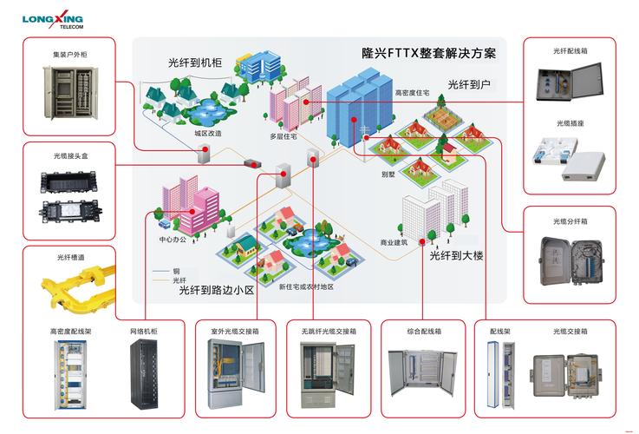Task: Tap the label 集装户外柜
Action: click(x=69, y=55)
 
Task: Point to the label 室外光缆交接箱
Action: click(x=236, y=331)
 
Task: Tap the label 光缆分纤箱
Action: click(x=571, y=220)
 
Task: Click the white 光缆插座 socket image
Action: click(x=570, y=155)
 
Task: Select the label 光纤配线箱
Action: click(x=571, y=50)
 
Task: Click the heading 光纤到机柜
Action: click(x=195, y=62)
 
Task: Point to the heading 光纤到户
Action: click(x=469, y=84)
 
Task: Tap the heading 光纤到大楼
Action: click(x=456, y=255)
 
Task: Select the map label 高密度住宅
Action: click(x=412, y=91)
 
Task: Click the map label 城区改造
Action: click(x=208, y=133)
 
